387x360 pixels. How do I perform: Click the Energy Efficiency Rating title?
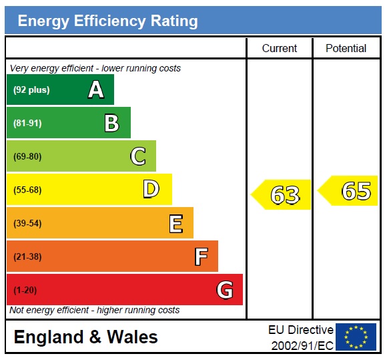coord(107,21)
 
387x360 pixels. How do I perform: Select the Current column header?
coord(279,48)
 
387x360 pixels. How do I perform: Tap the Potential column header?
coord(346,48)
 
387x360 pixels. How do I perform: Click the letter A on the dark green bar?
coord(96,90)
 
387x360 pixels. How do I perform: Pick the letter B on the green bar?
coord(111,123)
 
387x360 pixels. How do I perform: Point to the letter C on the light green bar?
coord(137,156)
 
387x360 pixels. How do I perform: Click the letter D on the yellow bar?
coord(151,190)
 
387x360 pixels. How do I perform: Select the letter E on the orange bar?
coord(175,223)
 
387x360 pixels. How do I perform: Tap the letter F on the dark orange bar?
coord(201,256)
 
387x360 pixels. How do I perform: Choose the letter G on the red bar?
coord(225,290)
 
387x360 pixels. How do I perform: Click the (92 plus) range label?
coord(31,90)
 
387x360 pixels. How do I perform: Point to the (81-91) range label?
coord(27,124)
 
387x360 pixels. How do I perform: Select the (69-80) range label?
coord(27,157)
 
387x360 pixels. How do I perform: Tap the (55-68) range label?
coord(27,190)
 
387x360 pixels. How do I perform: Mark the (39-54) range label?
coord(27,224)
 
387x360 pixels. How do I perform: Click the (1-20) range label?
coord(25,291)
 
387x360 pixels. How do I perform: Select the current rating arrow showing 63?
coord(282,195)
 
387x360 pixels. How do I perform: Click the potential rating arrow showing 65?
coord(349,191)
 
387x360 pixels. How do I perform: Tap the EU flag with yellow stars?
coord(356,337)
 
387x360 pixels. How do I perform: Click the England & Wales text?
coord(85,337)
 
